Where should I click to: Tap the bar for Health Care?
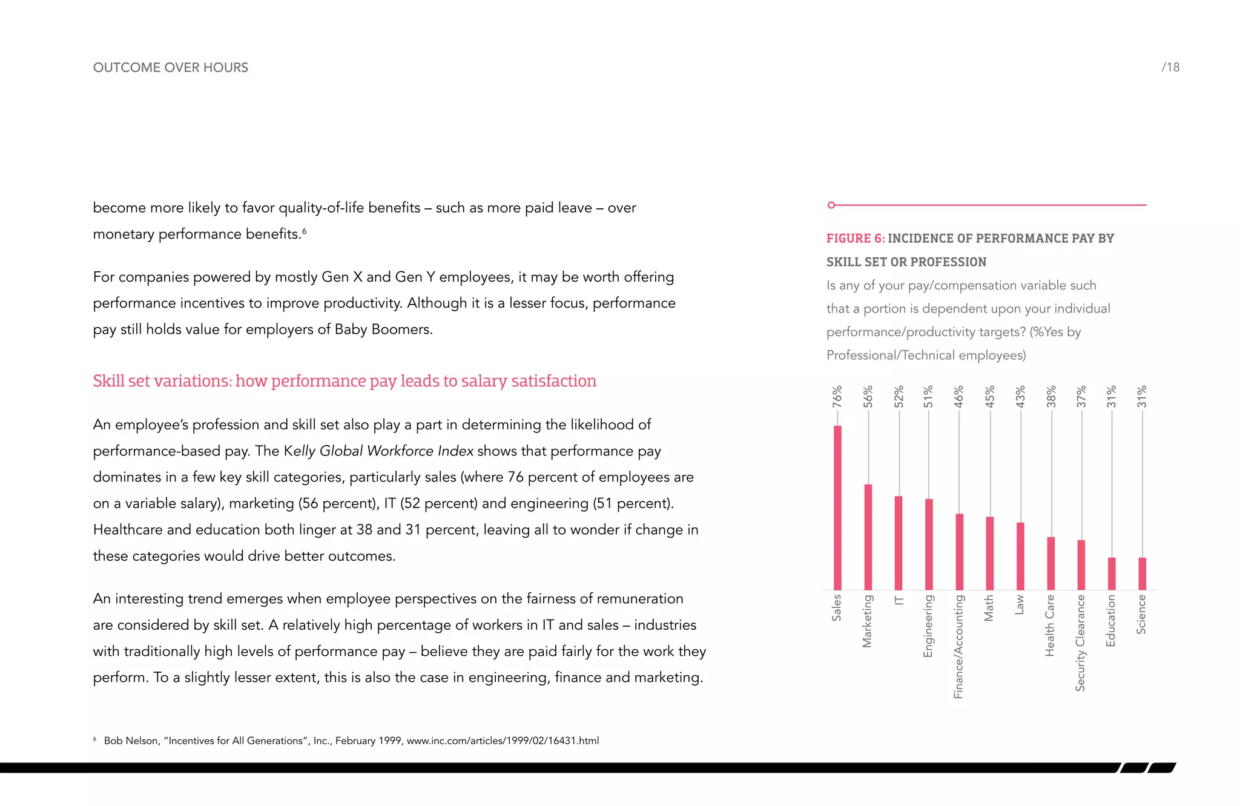pyautogui.click(x=1050, y=563)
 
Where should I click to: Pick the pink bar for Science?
pyautogui.click(x=1142, y=573)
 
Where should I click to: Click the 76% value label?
pyautogui.click(x=837, y=396)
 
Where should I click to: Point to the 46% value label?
pyautogui.click(x=959, y=396)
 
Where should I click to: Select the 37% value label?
pyautogui.click(x=1081, y=396)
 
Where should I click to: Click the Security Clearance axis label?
pyautogui.click(x=1080, y=642)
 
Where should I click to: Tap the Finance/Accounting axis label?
pyautogui.click(x=958, y=646)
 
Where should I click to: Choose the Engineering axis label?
pyautogui.click(x=928, y=626)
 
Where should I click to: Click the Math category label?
pyautogui.click(x=989, y=607)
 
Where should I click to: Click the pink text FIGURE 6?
pyautogui.click(x=855, y=239)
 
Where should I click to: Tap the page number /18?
pyautogui.click(x=1170, y=67)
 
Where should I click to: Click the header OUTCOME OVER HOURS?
pyautogui.click(x=170, y=67)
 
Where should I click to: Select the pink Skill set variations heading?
pyautogui.click(x=344, y=381)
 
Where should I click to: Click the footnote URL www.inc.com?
pyautogui.click(x=502, y=741)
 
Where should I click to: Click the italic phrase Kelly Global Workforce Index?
pyautogui.click(x=378, y=451)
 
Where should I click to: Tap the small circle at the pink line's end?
pyautogui.click(x=831, y=205)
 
